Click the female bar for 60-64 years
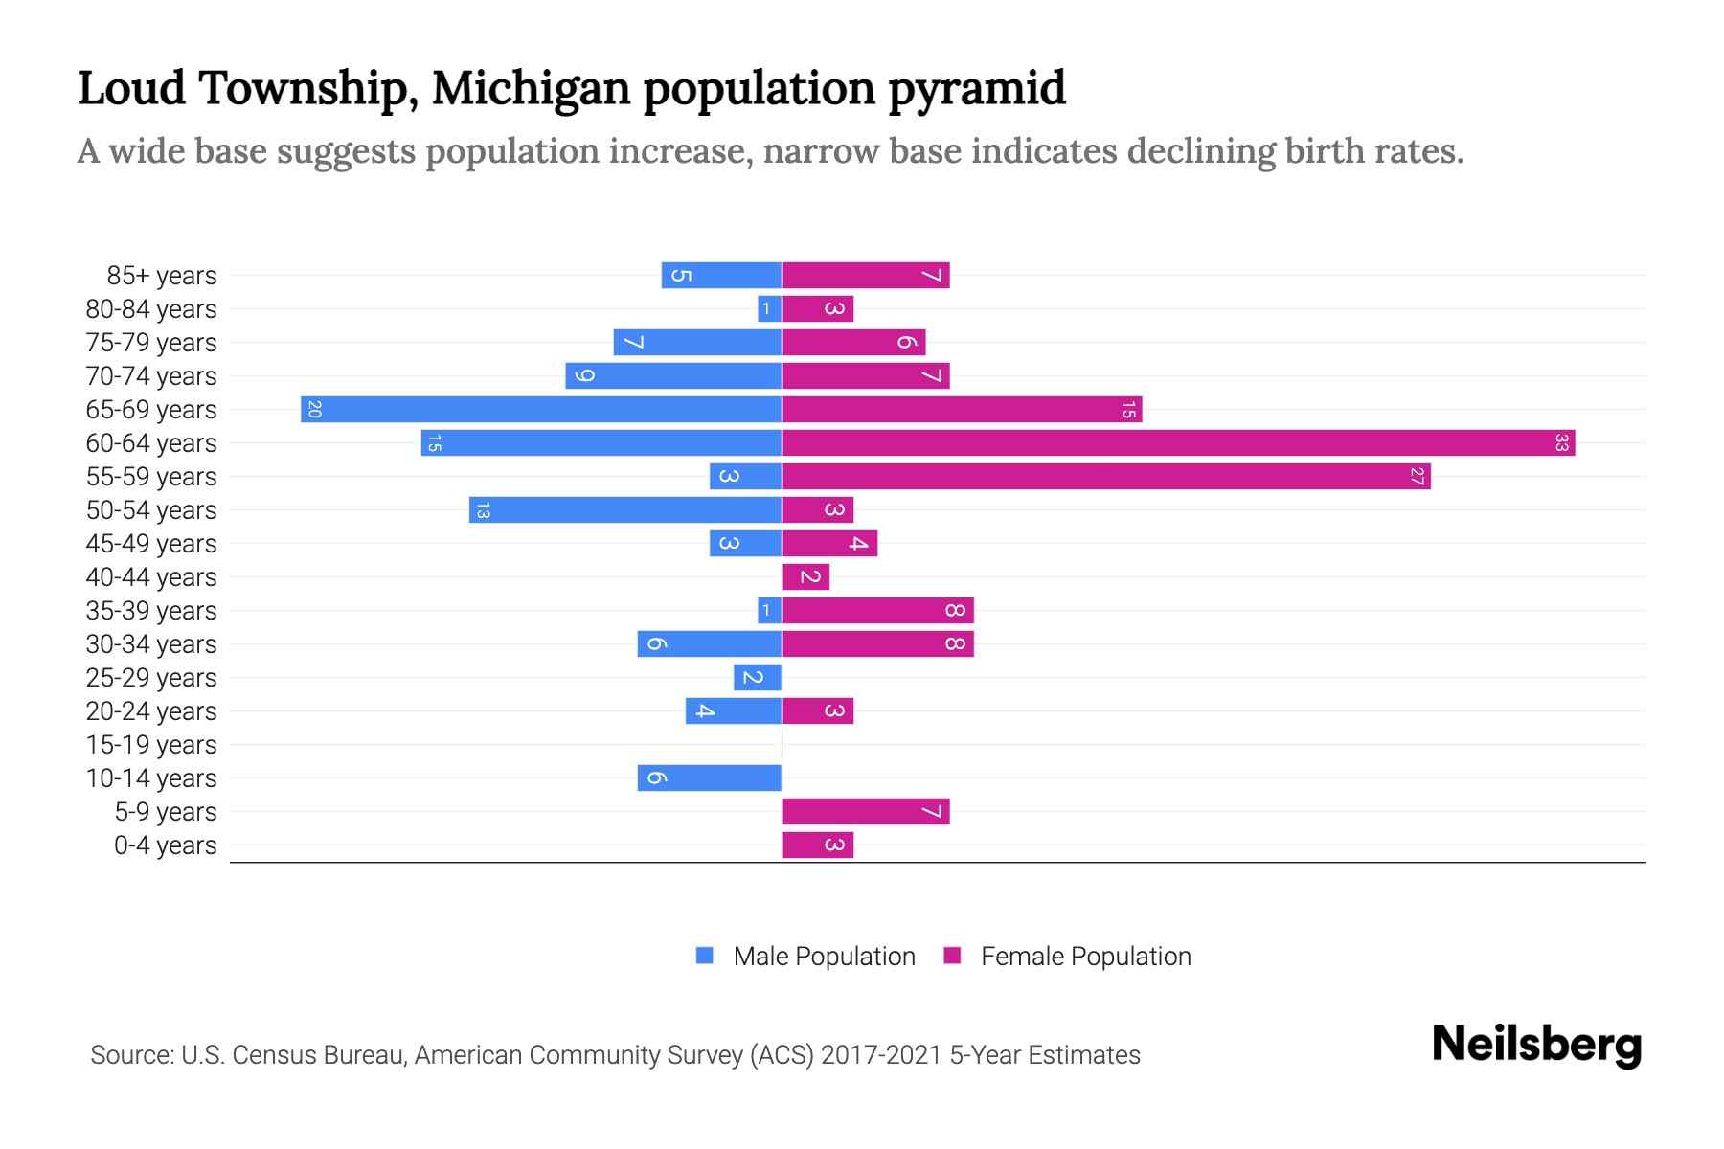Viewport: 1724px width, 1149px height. (1178, 442)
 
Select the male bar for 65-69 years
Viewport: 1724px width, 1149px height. (541, 410)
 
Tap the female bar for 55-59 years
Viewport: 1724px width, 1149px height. (1106, 476)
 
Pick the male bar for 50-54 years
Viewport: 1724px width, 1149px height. (625, 509)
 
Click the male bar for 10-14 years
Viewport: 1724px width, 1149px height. (710, 777)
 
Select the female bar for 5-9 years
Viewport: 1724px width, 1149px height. (865, 812)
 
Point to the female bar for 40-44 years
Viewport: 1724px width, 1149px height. (805, 576)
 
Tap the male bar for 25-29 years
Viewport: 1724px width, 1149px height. (758, 677)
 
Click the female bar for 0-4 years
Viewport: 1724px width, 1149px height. (817, 845)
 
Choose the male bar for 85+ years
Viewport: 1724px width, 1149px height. (721, 276)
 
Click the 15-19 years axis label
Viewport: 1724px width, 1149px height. (151, 745)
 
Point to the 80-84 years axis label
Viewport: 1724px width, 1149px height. (151, 309)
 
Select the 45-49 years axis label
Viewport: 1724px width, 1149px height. (151, 544)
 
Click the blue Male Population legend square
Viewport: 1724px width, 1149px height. (705, 956)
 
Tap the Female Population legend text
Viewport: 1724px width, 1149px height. (1085, 957)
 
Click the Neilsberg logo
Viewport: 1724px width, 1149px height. (1536, 1045)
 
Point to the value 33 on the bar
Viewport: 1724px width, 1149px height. (1561, 443)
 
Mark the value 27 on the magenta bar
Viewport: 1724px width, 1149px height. (1417, 476)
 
